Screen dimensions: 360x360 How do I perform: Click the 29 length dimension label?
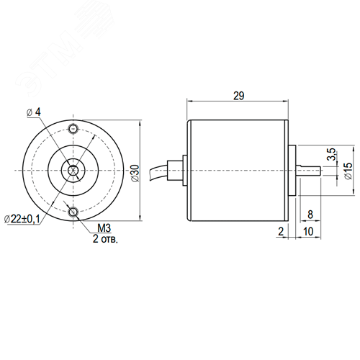[x=239, y=96]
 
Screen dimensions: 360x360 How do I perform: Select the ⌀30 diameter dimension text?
[x=135, y=173]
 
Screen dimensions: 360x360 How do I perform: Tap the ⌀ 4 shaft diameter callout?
[x=34, y=112]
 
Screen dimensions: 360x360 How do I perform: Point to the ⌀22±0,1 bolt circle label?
[x=22, y=219]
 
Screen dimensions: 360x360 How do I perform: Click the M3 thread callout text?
[x=104, y=228]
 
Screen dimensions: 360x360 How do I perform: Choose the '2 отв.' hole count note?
[x=105, y=239]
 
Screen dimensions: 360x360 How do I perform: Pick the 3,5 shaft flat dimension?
[x=331, y=154]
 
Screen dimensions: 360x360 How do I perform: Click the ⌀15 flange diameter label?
[x=348, y=171]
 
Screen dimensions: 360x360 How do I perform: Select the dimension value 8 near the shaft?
[x=310, y=215]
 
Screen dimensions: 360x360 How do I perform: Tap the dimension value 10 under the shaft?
[x=308, y=231]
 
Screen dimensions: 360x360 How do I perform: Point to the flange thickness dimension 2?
[x=281, y=231]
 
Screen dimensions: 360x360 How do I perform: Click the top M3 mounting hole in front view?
[x=73, y=129]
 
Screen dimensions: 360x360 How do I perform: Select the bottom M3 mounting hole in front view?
[x=73, y=212]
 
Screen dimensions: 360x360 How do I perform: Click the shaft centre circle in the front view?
[x=73, y=171]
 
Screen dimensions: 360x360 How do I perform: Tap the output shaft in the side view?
[x=309, y=171]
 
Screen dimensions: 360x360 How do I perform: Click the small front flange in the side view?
[x=292, y=171]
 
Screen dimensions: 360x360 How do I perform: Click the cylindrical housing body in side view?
[x=238, y=171]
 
